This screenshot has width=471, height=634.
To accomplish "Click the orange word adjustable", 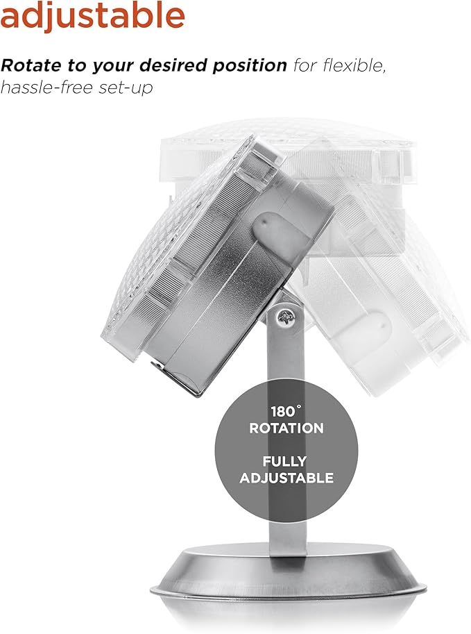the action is point(92,16).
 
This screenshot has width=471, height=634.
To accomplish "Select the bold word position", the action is point(250,66).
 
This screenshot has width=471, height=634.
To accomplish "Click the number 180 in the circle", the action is point(283,412).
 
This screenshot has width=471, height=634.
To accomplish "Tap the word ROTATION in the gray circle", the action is point(286,428).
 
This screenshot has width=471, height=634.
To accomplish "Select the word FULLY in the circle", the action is point(284,461).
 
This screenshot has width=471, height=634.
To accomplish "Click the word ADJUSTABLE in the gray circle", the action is point(286,478).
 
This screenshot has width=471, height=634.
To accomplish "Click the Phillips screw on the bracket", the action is point(286,318).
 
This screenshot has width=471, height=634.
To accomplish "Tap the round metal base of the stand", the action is point(289,586).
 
